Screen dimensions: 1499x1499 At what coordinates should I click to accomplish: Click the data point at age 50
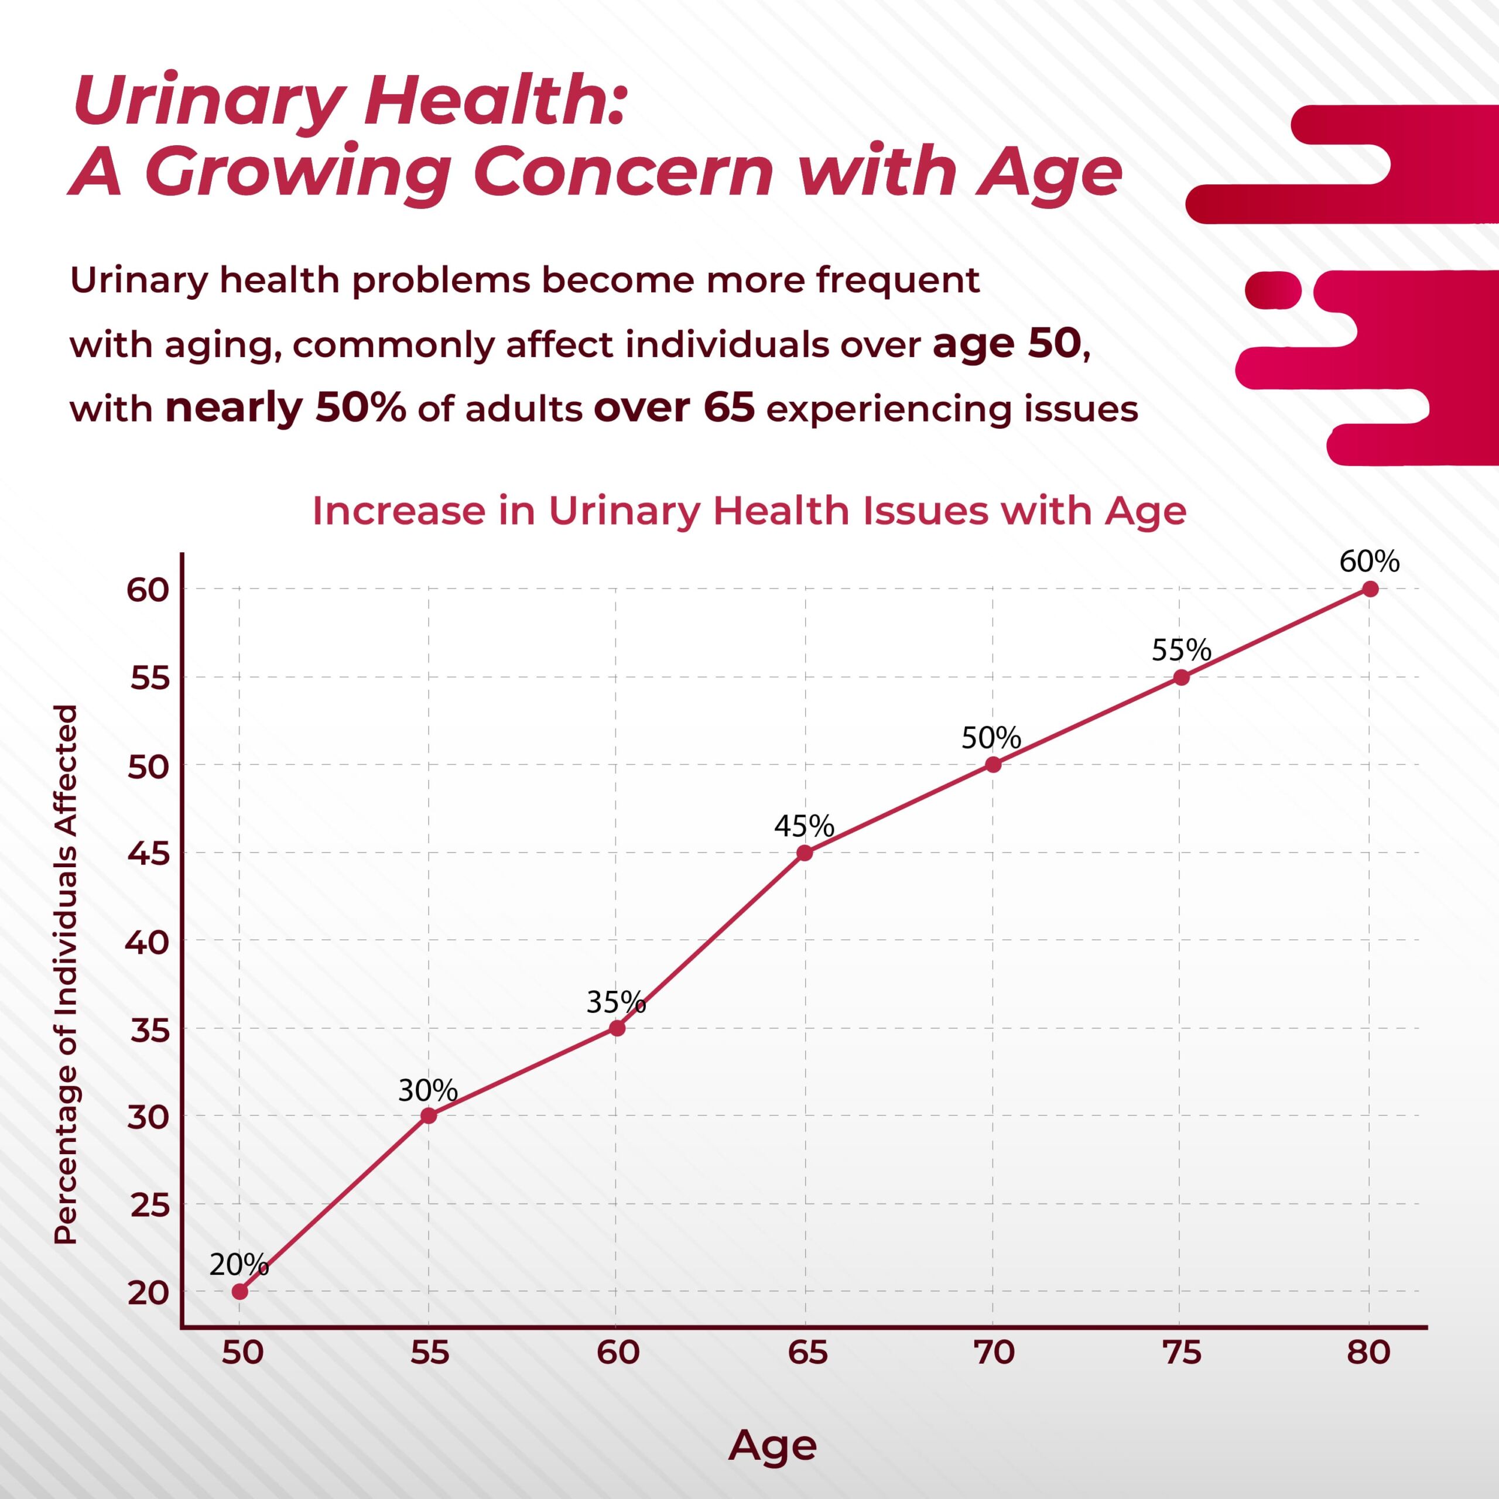click(239, 1292)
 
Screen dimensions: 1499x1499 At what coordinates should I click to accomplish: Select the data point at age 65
click(805, 853)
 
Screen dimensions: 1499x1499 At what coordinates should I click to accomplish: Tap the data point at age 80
click(1370, 589)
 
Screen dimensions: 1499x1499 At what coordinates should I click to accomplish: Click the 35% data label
click(616, 1002)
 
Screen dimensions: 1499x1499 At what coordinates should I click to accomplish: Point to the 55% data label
click(1181, 650)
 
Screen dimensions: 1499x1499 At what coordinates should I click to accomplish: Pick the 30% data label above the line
click(427, 1090)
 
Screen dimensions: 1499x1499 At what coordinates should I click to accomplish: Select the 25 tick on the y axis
click(149, 1206)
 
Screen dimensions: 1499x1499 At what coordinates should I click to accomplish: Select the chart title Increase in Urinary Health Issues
click(749, 511)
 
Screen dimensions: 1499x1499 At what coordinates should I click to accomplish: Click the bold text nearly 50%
click(286, 408)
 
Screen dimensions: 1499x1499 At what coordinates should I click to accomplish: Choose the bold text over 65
click(674, 408)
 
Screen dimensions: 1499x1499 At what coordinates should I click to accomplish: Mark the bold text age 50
click(1007, 343)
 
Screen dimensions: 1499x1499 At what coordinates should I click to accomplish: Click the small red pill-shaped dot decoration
click(1273, 290)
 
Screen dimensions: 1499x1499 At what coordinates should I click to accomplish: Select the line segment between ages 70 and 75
click(1087, 721)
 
